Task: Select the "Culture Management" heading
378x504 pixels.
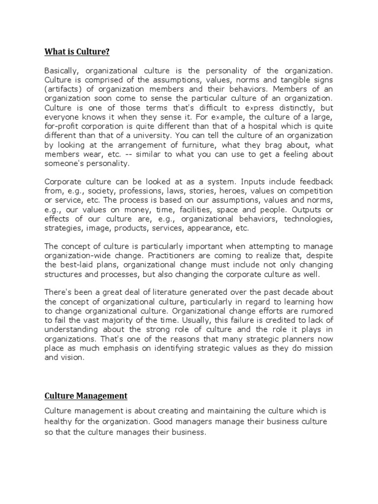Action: [x=86, y=395]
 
